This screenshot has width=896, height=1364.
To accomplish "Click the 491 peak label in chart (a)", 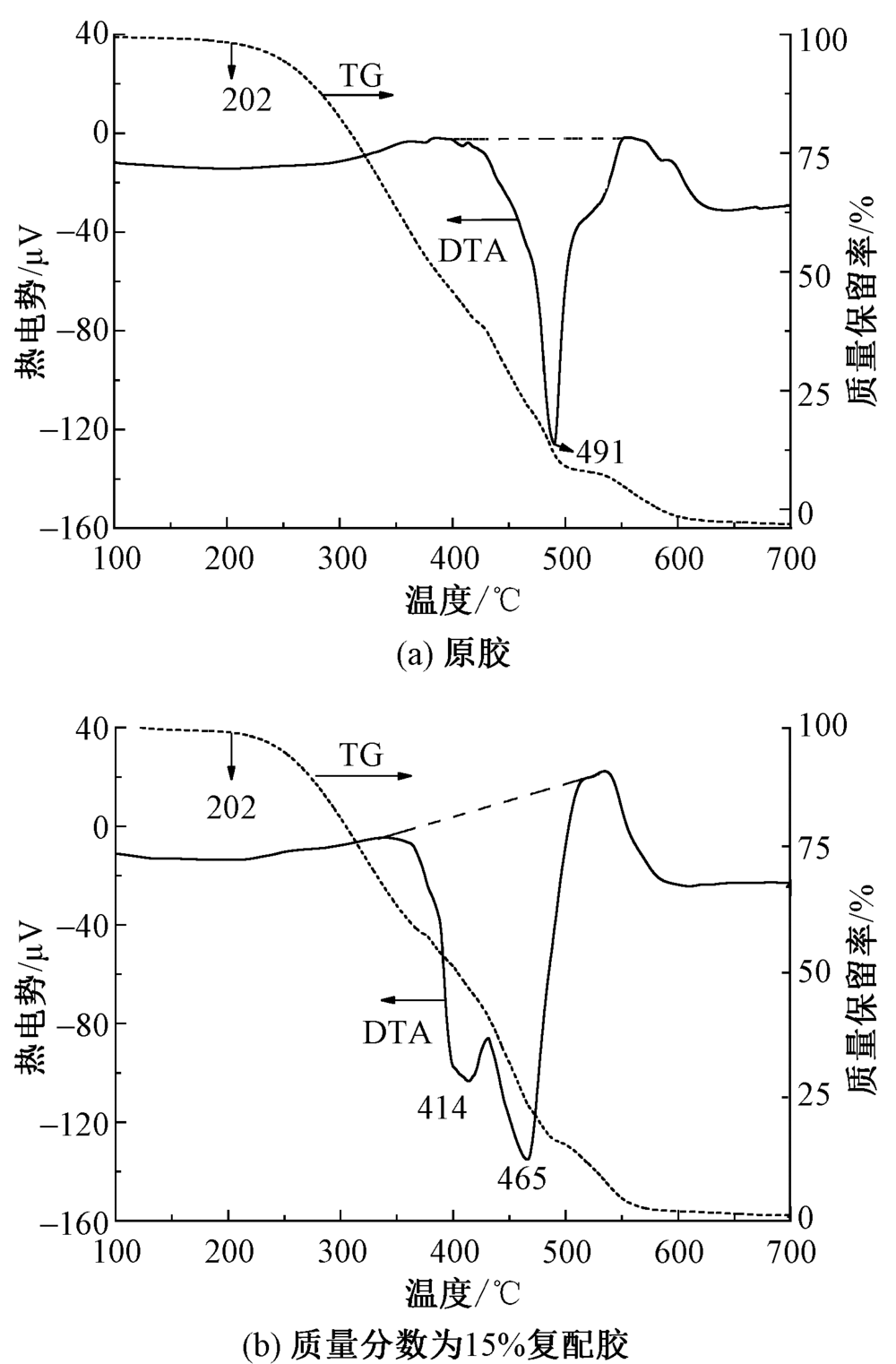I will coord(599,453).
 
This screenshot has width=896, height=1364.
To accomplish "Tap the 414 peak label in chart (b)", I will coord(442,1109).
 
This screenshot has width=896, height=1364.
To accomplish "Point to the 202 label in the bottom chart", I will coord(231,808).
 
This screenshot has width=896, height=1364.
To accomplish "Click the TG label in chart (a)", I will coord(361,77).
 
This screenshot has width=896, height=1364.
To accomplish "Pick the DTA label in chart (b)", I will coord(397,1033).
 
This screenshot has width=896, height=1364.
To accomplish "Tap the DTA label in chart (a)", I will coord(472,251).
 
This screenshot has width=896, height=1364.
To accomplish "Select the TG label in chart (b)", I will coord(361,756).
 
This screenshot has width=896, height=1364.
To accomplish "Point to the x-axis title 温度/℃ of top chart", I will coord(462,600).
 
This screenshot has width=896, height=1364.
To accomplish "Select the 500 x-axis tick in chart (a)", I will coord(566,559).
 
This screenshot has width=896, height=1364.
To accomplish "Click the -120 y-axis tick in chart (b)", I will coord(75,1123).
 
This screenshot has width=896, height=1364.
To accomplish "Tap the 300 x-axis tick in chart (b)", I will coord(340,1252).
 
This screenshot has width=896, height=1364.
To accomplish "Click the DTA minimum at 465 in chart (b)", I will coord(527,1159).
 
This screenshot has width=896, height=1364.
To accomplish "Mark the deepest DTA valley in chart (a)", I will coord(555,444).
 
